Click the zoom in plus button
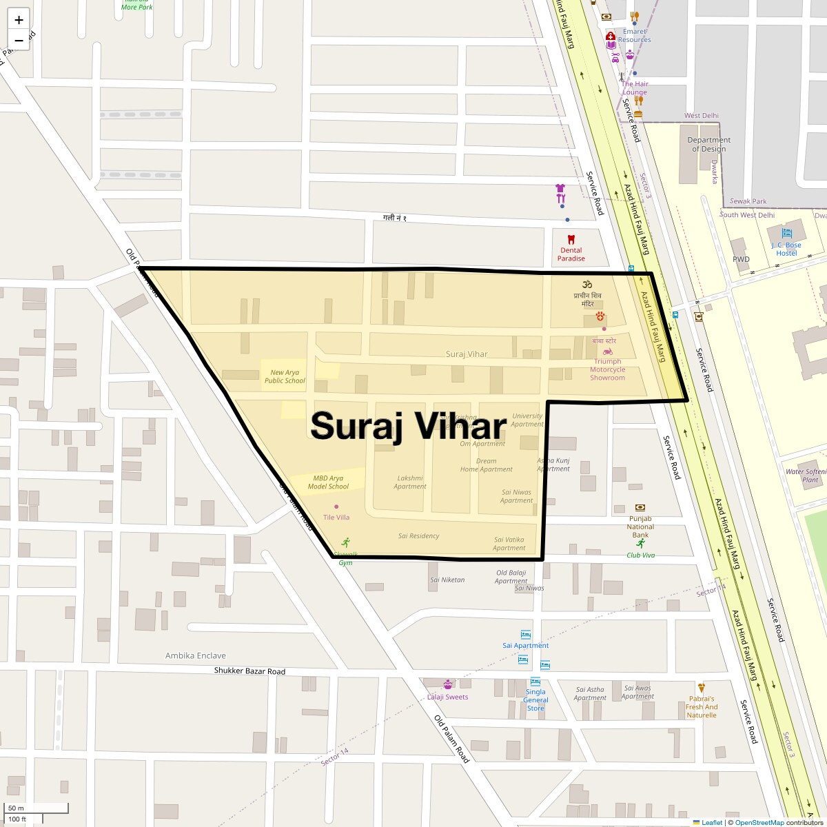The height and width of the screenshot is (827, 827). pyautogui.click(x=19, y=19)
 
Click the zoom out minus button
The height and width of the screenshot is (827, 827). pyautogui.click(x=19, y=40)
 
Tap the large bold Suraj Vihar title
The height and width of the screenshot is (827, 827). pyautogui.click(x=409, y=426)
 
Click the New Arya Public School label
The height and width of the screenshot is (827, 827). pyautogui.click(x=285, y=376)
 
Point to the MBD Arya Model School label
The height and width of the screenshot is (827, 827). pyautogui.click(x=328, y=482)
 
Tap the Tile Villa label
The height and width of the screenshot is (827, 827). pyautogui.click(x=336, y=517)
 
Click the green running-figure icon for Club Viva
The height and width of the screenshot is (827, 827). pyautogui.click(x=641, y=543)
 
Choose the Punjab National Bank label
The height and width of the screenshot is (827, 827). pyautogui.click(x=640, y=527)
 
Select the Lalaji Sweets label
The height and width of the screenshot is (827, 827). pyautogui.click(x=447, y=697)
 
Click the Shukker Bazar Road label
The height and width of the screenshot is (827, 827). pyautogui.click(x=249, y=671)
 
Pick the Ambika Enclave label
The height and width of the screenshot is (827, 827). pyautogui.click(x=195, y=655)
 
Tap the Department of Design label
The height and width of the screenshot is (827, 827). pyautogui.click(x=708, y=144)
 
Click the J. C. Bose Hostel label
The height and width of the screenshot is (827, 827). pyautogui.click(x=786, y=249)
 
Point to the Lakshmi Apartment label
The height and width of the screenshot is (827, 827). pyautogui.click(x=410, y=482)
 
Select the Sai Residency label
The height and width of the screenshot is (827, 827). pyautogui.click(x=418, y=535)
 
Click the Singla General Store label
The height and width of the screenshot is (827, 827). pyautogui.click(x=535, y=700)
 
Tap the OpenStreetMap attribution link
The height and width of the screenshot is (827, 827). pyautogui.click(x=759, y=822)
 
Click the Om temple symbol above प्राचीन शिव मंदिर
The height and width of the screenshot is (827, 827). pyautogui.click(x=586, y=284)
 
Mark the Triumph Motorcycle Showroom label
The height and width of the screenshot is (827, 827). pyautogui.click(x=607, y=369)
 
